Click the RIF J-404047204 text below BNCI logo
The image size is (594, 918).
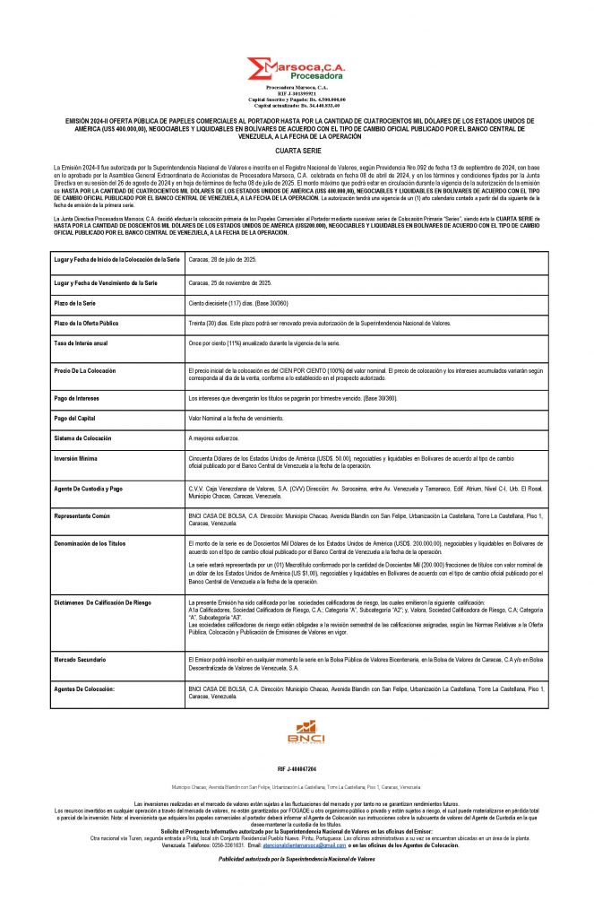click(x=297, y=769)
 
